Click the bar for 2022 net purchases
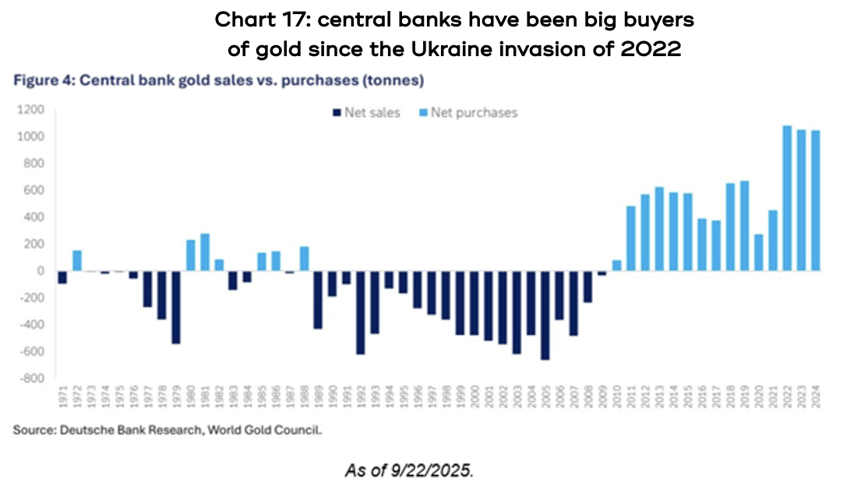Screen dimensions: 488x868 (787, 198)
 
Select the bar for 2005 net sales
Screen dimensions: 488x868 (545, 315)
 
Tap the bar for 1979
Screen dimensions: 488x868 (177, 307)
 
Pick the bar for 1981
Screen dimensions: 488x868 (206, 252)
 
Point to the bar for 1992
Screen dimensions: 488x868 (361, 313)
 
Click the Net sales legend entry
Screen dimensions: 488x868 (366, 113)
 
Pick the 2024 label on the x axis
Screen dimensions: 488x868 (816, 398)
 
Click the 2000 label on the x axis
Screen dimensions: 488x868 (475, 398)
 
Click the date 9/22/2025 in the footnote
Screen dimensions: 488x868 (436, 470)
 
